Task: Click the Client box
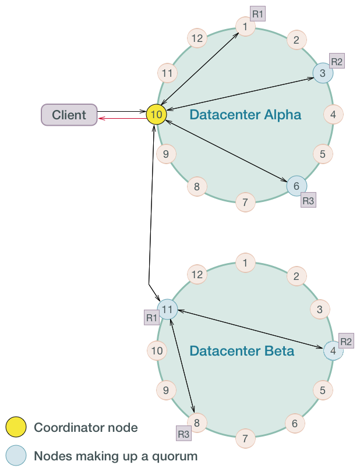coord(69,115)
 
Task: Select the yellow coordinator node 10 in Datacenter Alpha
coord(156,115)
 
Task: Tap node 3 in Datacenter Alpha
coord(323,73)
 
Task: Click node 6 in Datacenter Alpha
coord(297,186)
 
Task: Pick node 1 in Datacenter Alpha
coord(245,27)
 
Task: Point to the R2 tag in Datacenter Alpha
coord(337,61)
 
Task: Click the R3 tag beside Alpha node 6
coord(308,201)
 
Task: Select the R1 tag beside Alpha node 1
coord(257,13)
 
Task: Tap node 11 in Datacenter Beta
coord(167,310)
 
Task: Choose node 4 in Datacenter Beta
coord(333,351)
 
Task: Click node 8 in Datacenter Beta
coord(197,423)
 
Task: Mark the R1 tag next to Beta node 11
coord(152,318)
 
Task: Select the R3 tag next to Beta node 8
coord(183,434)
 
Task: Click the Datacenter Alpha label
coord(245,115)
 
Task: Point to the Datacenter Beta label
coord(242,351)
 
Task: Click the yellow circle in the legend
coord(16,427)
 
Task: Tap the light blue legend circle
coord(16,456)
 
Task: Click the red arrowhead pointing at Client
coord(102,118)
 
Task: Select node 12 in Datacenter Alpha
coord(197,38)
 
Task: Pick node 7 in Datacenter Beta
coord(245,438)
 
